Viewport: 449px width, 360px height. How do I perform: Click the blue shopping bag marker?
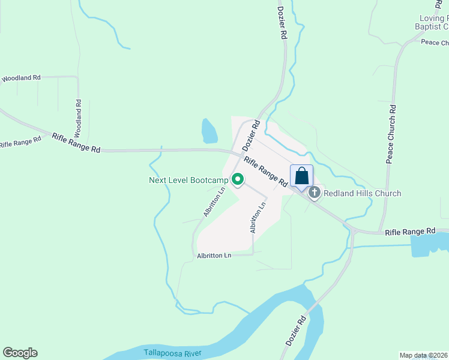coord(301,177)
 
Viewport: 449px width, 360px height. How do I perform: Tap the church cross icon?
coord(314,193)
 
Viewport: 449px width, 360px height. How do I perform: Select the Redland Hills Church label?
coord(362,193)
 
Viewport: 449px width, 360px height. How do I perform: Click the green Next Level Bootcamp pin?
coord(238,179)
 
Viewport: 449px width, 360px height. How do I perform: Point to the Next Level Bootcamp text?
coord(188,180)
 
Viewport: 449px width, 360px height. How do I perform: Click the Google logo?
coord(20,353)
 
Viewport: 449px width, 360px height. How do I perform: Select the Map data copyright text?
coord(423,355)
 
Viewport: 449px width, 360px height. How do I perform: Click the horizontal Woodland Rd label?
coord(21,78)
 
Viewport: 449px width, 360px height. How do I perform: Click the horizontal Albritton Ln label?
coord(214,256)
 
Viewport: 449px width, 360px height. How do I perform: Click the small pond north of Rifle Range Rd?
coord(209,131)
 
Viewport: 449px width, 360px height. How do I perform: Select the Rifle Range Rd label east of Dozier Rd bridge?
coord(410,231)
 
